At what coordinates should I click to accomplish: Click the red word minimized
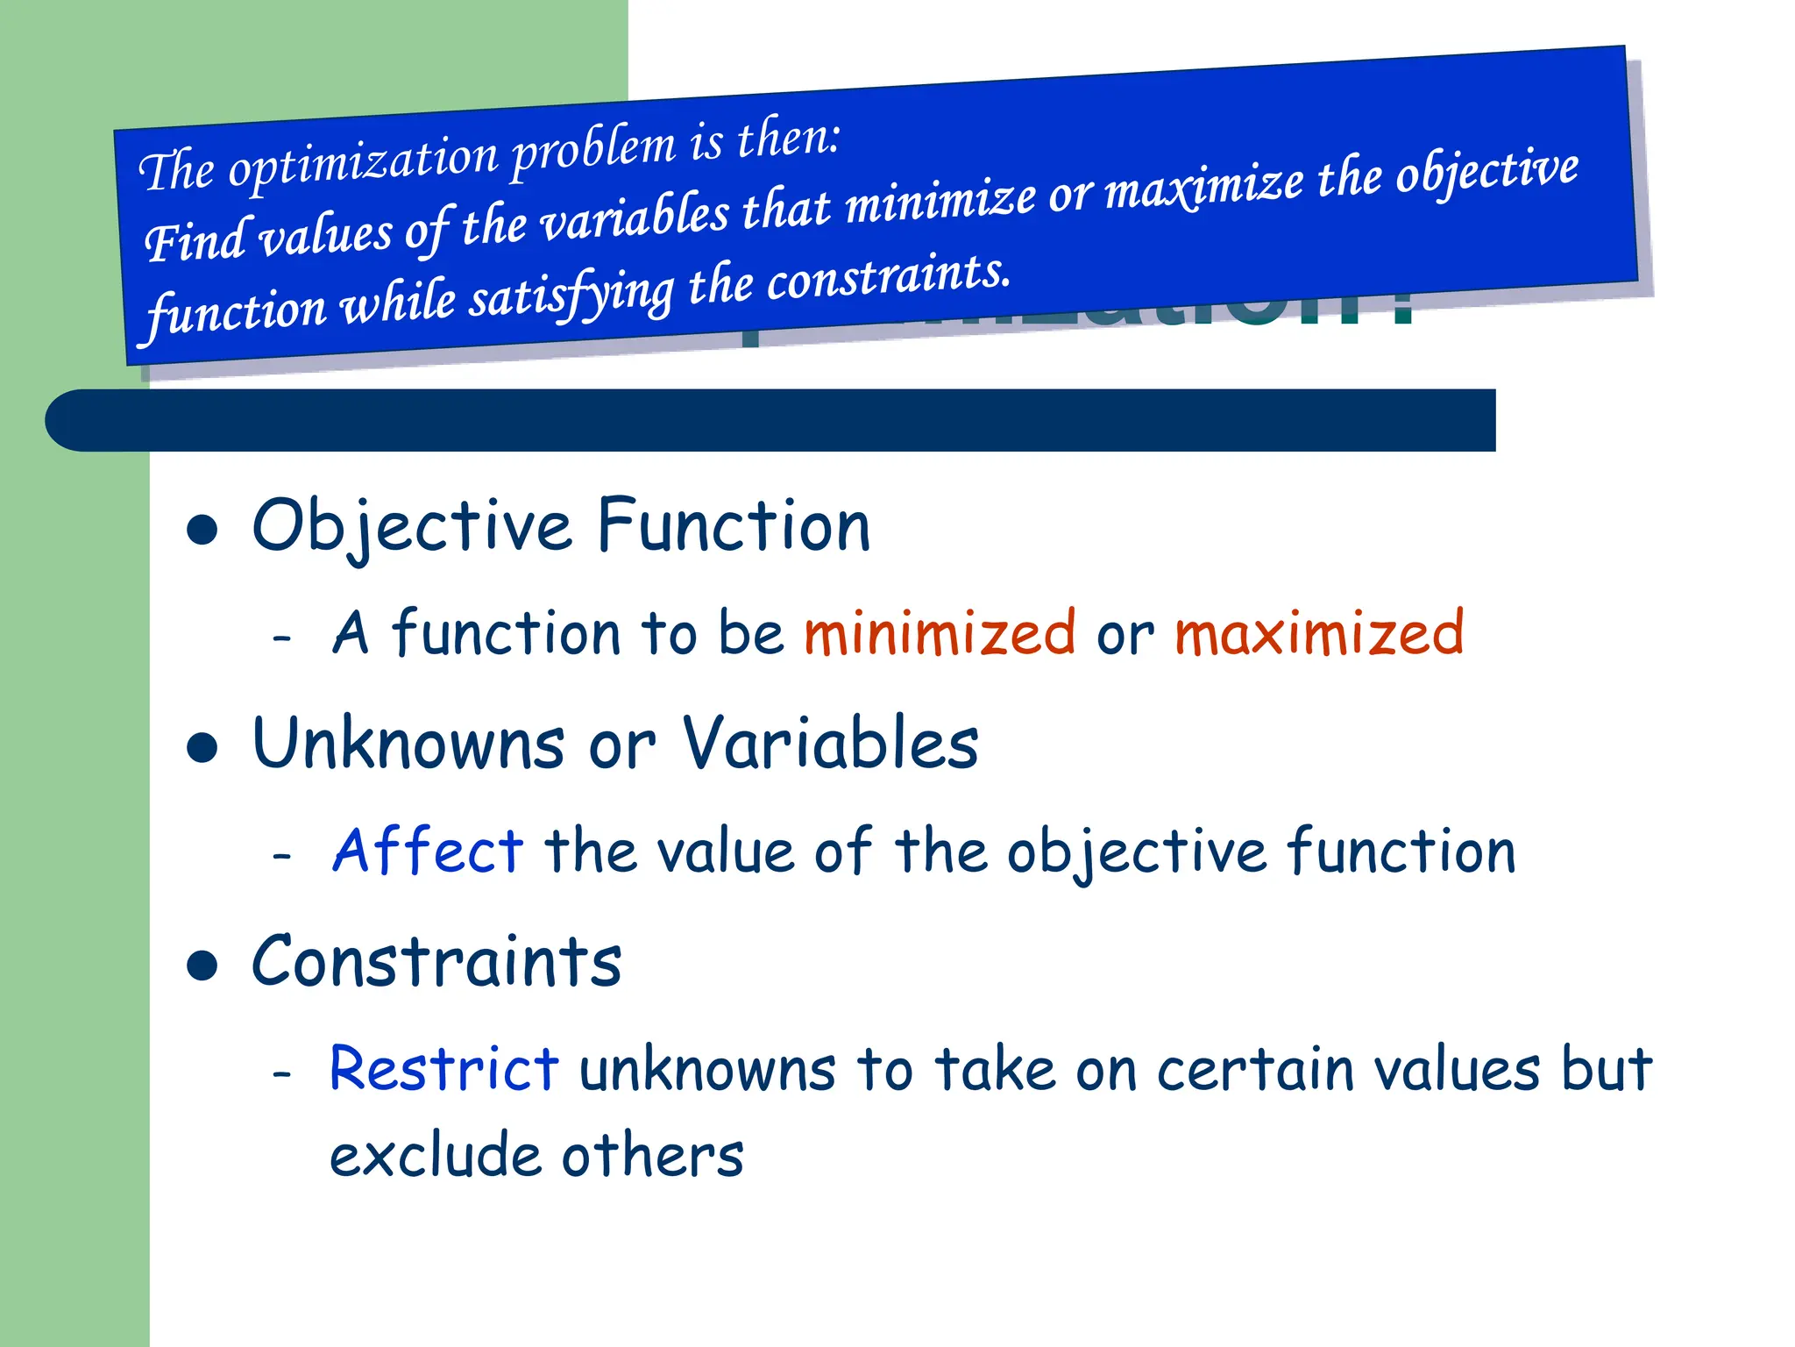point(939,633)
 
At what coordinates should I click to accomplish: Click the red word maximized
point(1318,633)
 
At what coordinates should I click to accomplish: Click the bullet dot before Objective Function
point(202,530)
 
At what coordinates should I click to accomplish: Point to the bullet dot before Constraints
point(202,966)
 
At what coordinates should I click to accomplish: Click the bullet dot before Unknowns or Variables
point(202,748)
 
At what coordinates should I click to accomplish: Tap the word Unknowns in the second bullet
point(408,744)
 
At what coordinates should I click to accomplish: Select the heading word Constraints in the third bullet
point(436,962)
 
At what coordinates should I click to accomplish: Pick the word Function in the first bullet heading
point(734,526)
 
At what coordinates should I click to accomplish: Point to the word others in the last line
point(653,1155)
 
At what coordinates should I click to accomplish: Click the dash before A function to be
point(281,638)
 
